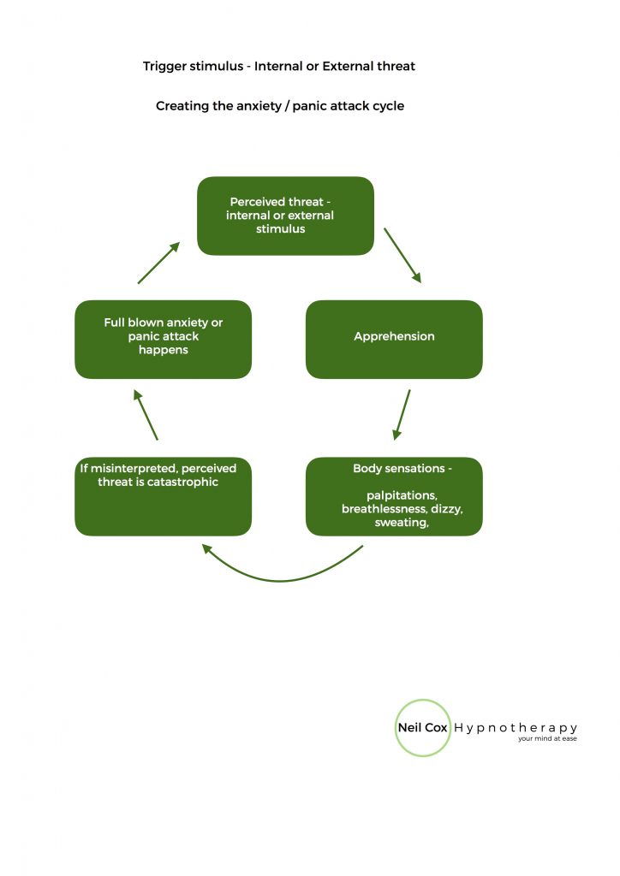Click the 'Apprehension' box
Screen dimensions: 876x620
[x=394, y=339]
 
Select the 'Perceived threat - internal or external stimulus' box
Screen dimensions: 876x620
[x=285, y=216]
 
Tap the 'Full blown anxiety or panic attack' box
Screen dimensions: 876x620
[x=163, y=339]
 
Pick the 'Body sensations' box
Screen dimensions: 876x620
[x=394, y=496]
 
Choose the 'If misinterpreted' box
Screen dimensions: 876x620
[x=163, y=496]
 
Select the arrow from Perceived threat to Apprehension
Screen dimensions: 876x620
[x=402, y=255]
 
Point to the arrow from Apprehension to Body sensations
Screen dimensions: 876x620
[x=402, y=415]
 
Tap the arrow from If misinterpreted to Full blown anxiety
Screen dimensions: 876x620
[x=146, y=415]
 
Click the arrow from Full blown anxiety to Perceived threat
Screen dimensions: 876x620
[x=158, y=263]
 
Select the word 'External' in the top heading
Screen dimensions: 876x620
[x=352, y=67]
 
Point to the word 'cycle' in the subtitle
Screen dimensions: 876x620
[x=386, y=107]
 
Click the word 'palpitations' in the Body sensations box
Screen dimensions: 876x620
[x=401, y=495]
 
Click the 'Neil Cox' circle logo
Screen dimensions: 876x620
[x=423, y=728]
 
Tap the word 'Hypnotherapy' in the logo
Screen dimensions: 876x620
[x=516, y=728]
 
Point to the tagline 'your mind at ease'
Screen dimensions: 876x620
[x=547, y=739]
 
